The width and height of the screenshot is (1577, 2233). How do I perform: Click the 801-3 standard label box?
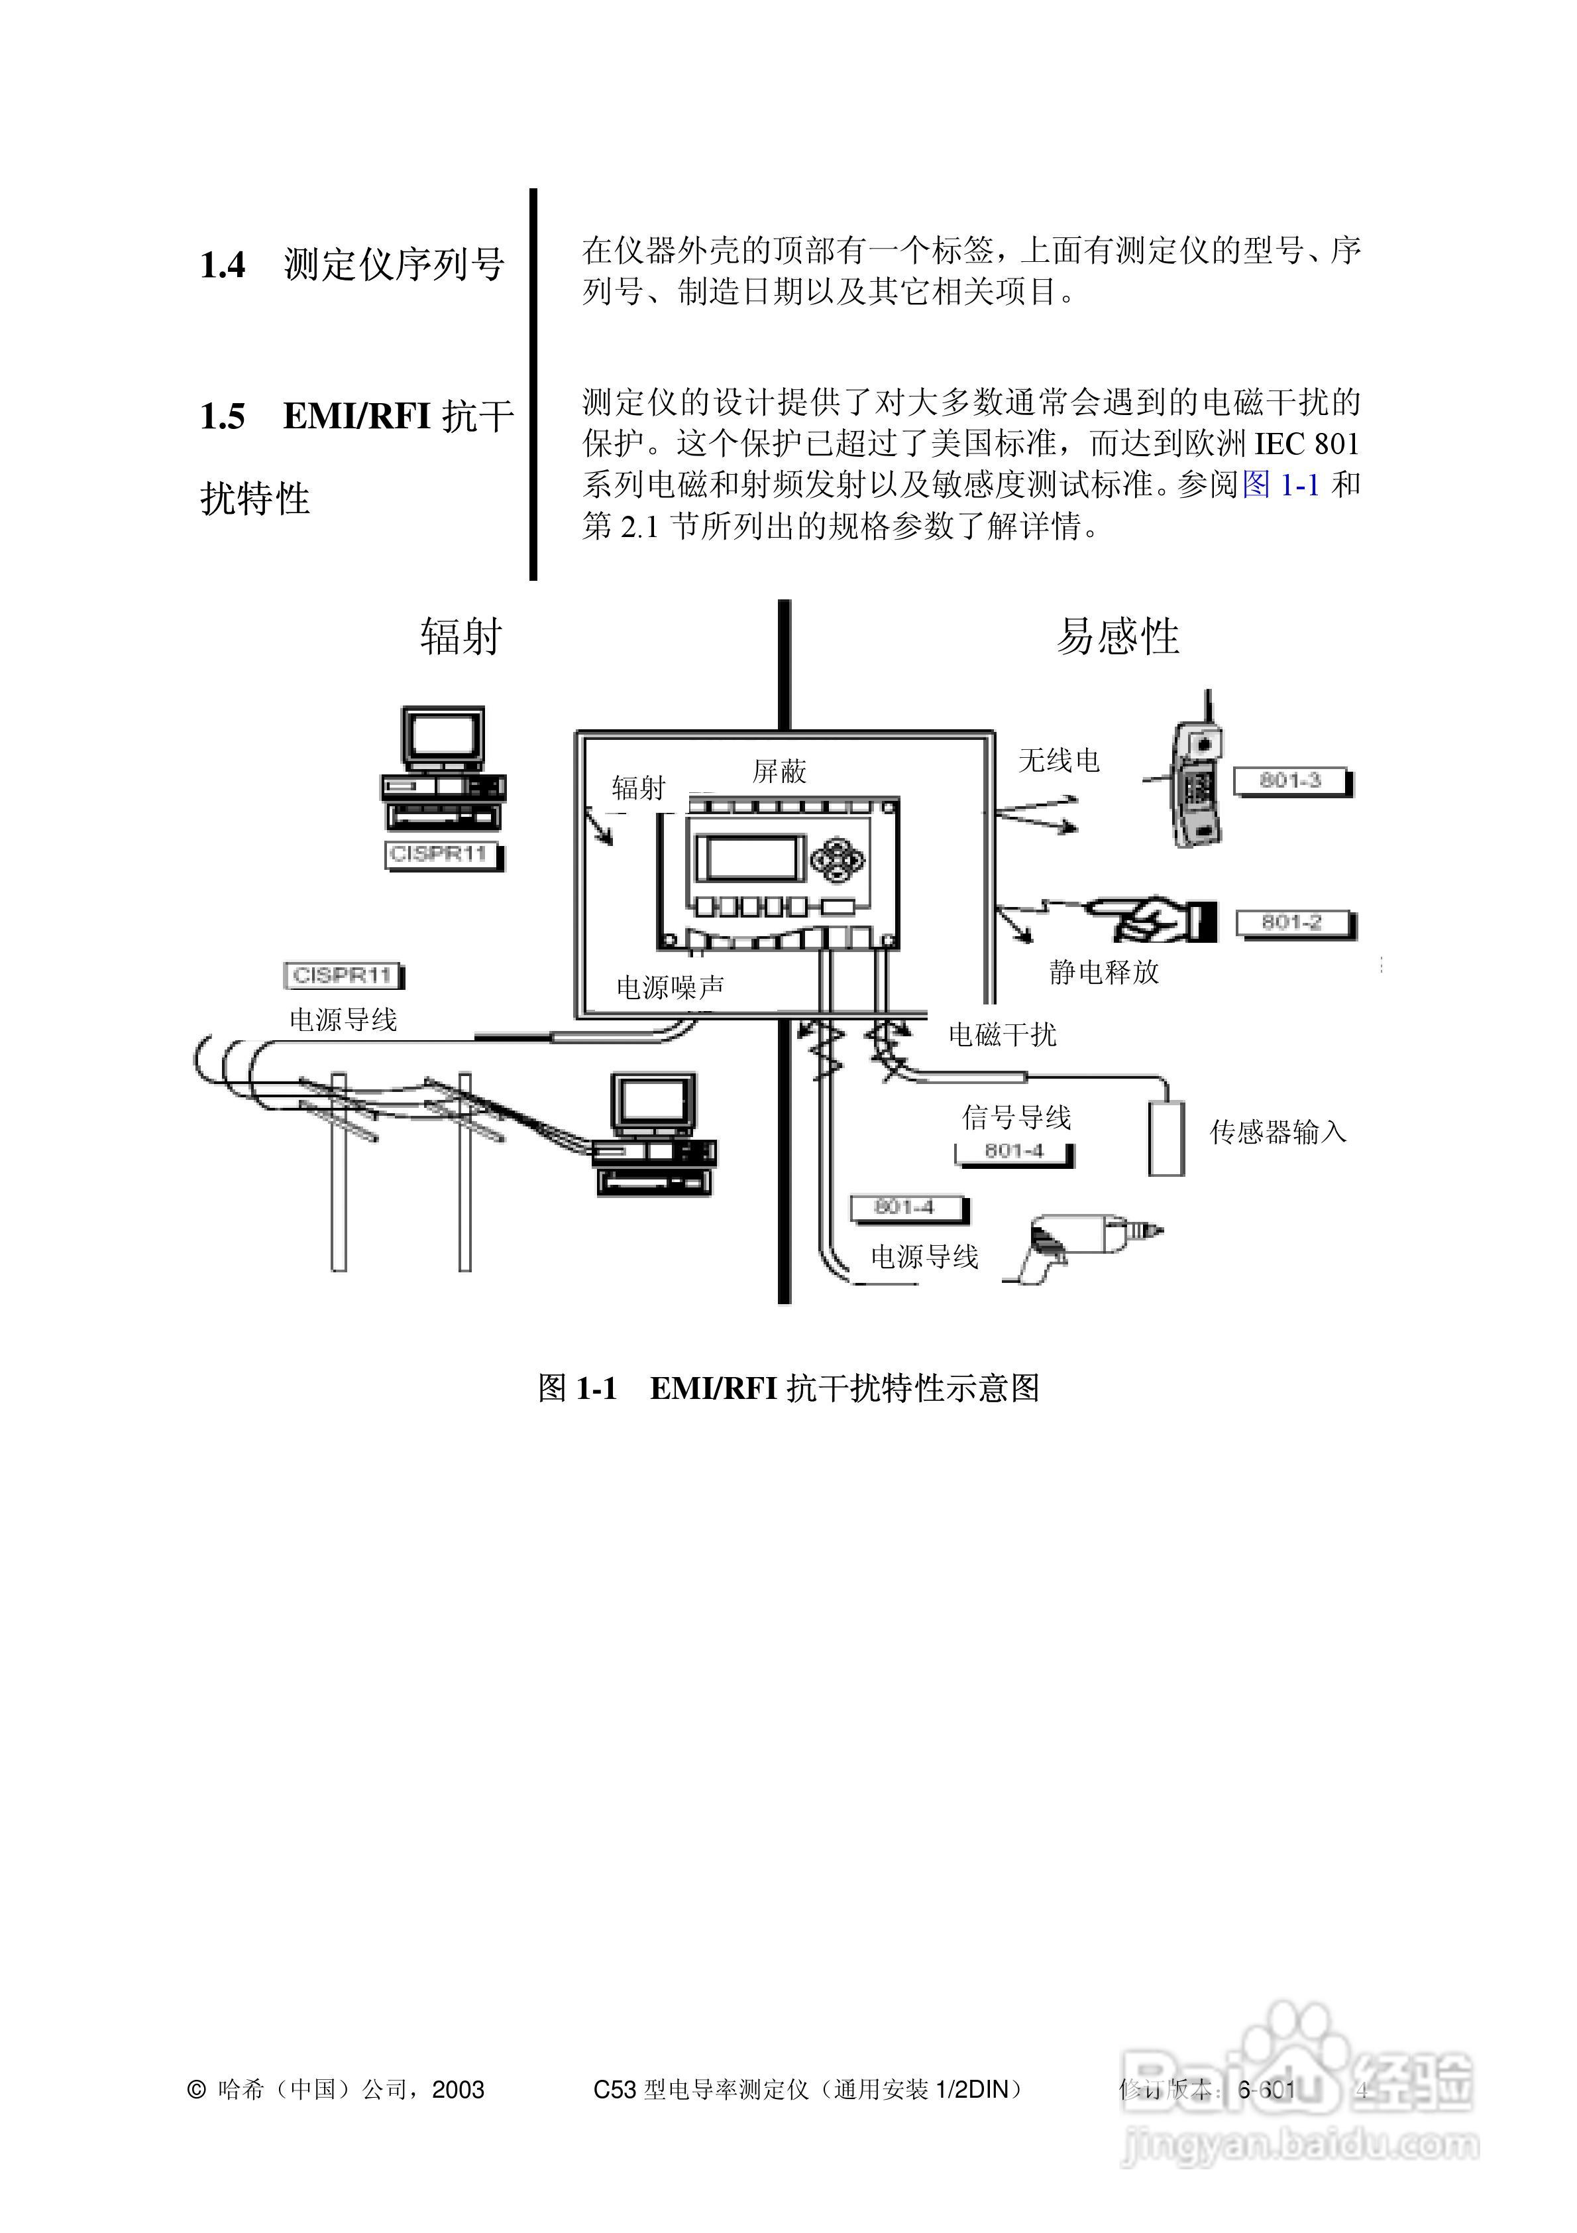tap(1291, 781)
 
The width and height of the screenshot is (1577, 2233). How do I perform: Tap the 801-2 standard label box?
tap(1293, 923)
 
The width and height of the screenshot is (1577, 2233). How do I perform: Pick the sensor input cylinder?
tap(1167, 1138)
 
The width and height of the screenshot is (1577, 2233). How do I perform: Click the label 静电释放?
tap(1103, 971)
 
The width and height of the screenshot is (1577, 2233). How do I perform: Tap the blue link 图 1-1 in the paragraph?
tap(1280, 485)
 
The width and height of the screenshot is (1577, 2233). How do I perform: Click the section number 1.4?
tap(223, 265)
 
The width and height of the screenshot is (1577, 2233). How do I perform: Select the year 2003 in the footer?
tap(458, 2090)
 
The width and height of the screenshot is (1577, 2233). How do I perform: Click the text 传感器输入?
tap(1278, 1132)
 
